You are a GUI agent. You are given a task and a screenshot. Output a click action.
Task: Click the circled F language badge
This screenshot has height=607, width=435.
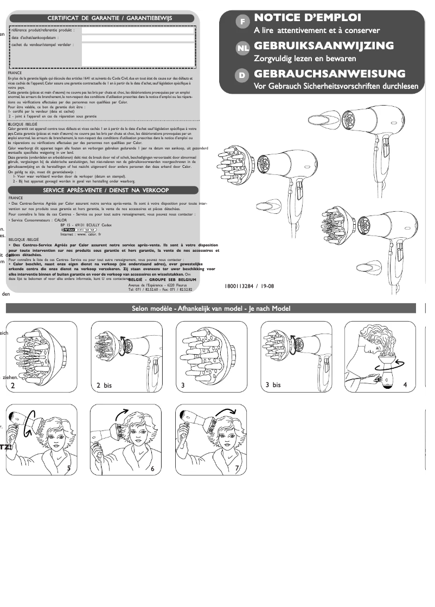tap(242, 22)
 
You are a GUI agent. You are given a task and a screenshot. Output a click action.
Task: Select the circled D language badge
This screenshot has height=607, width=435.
tap(242, 76)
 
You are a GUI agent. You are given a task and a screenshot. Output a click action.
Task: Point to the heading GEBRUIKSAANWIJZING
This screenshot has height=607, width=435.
tap(331, 45)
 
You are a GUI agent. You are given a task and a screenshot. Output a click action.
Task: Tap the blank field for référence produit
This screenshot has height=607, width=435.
tap(138, 30)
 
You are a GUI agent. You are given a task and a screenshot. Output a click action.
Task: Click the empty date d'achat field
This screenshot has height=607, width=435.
tap(138, 38)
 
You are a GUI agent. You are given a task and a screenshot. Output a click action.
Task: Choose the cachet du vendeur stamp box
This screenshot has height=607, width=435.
tap(138, 54)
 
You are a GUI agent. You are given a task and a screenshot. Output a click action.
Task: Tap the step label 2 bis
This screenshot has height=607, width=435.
tap(104, 386)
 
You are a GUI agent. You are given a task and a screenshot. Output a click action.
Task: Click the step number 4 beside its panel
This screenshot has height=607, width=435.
tap(405, 384)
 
